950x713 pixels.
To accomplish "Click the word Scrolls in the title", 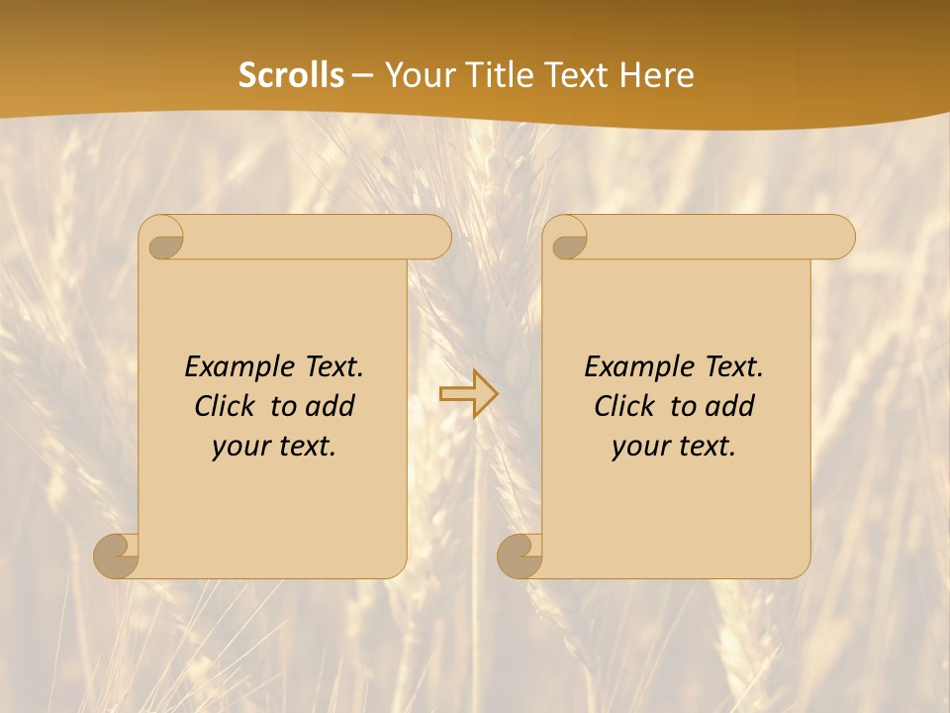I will (x=291, y=75).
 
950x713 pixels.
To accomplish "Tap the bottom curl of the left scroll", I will (x=117, y=555).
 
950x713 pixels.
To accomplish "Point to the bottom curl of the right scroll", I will (x=520, y=555).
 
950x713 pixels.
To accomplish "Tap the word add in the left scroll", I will (x=331, y=406).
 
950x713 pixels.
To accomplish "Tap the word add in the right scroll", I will (x=730, y=406).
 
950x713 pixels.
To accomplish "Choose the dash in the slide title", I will (x=363, y=75).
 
